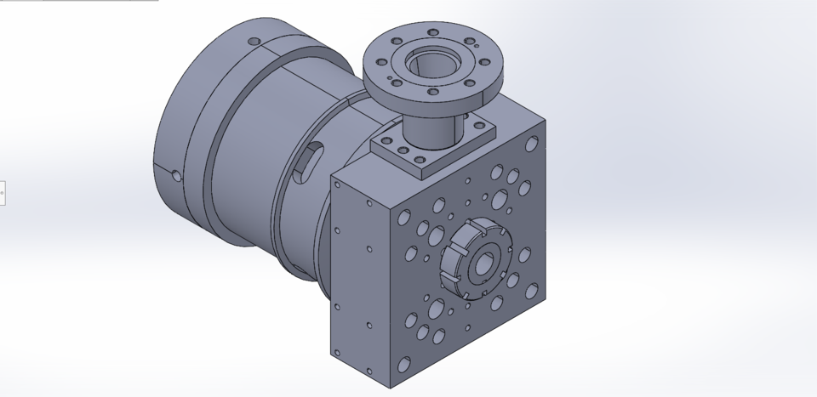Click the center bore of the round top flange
point(433,62)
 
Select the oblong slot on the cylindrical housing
point(307,162)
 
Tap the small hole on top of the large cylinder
point(253,41)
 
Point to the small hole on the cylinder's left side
point(176,176)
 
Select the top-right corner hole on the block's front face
point(534,139)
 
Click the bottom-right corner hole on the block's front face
point(532,292)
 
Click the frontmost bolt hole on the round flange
point(433,92)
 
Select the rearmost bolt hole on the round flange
point(434,32)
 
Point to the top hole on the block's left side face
point(338,230)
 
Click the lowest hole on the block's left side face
point(369,371)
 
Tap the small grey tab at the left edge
point(2,193)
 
